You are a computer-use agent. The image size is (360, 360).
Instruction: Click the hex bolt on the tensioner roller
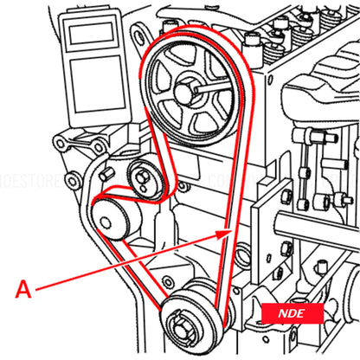pos(140,179)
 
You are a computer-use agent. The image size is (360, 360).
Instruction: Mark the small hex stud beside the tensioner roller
pos(106,176)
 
